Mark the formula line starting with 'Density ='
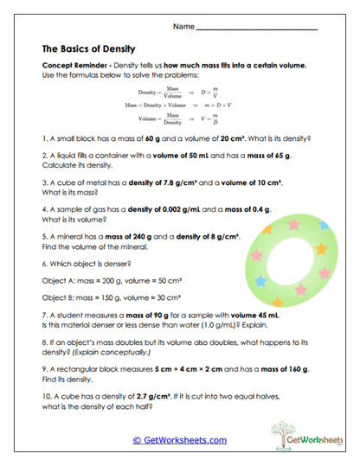178,91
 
